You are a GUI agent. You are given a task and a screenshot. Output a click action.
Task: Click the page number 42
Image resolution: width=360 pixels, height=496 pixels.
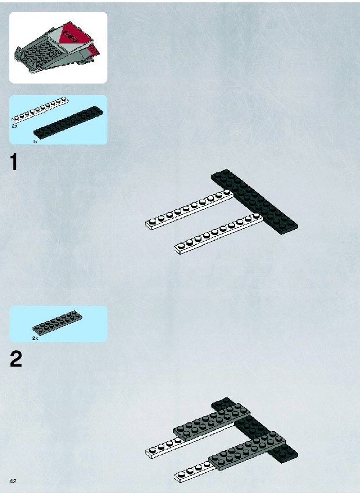[13, 481]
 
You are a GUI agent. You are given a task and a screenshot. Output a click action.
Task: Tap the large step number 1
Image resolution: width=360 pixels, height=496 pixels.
[14, 162]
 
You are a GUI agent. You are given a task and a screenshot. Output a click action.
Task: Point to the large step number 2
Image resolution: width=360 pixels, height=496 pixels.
[16, 359]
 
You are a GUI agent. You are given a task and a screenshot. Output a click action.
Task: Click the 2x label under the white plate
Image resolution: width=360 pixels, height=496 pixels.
[15, 126]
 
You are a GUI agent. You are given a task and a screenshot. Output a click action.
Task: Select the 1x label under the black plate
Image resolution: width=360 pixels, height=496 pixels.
[35, 142]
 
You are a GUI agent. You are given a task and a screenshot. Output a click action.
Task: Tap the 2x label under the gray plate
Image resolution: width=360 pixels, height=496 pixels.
[35, 338]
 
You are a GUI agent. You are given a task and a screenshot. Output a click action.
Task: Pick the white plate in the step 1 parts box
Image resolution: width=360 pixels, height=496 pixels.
[40, 110]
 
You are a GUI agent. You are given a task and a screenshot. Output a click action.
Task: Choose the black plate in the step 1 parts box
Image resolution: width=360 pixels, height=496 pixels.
[68, 122]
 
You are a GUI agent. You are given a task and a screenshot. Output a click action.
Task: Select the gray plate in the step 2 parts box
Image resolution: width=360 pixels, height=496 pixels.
[57, 323]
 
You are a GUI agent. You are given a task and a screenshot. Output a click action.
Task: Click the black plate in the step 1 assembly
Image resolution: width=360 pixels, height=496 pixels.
[254, 202]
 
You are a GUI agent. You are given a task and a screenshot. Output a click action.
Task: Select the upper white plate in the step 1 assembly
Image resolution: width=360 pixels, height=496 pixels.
[189, 209]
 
